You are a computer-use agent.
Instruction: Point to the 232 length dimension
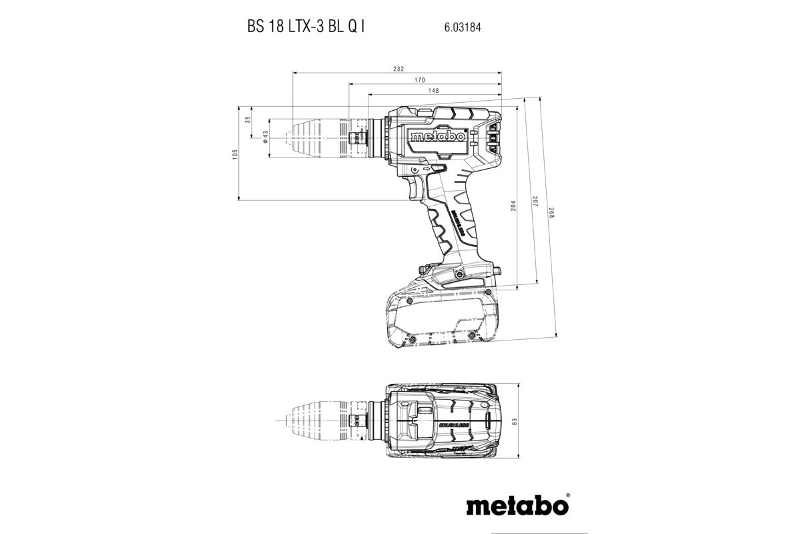398,69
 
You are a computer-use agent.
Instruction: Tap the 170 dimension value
438,80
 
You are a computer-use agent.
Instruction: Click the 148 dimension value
433,91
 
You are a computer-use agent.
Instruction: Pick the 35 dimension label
248,120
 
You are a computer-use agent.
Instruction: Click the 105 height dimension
235,154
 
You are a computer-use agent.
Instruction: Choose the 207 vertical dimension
535,201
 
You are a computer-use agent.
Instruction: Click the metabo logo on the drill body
437,136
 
